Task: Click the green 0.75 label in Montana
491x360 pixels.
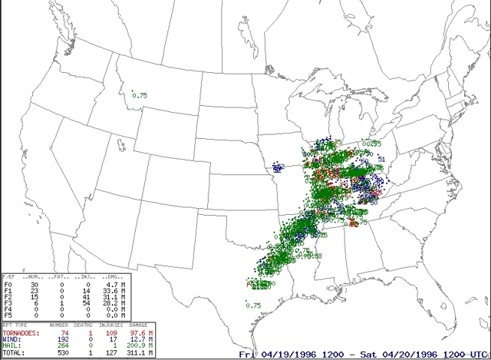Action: pos(140,95)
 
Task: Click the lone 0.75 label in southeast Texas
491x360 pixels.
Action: pos(254,306)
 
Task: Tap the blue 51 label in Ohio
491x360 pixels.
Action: pos(381,159)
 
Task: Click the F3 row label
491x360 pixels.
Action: pos(8,303)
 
